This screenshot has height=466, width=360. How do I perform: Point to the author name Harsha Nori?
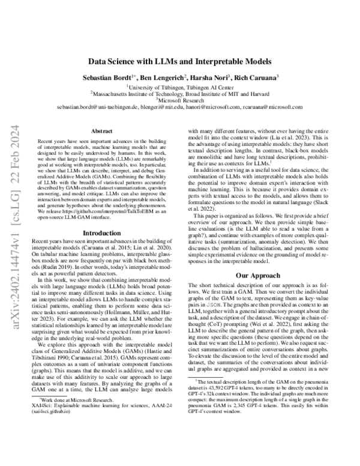(x=204, y=78)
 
